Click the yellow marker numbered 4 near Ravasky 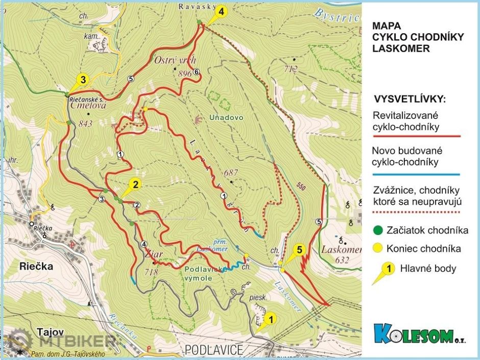click(x=221, y=11)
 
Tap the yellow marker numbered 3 click(x=83, y=79)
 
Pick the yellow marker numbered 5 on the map click(x=300, y=250)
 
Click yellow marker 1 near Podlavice click(x=271, y=318)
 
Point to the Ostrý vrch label click(x=175, y=60)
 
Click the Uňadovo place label click(x=226, y=117)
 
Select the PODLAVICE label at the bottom click(x=213, y=350)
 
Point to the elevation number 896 click(x=185, y=74)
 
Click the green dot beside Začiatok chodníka click(x=378, y=230)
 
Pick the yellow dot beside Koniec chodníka click(x=378, y=249)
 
